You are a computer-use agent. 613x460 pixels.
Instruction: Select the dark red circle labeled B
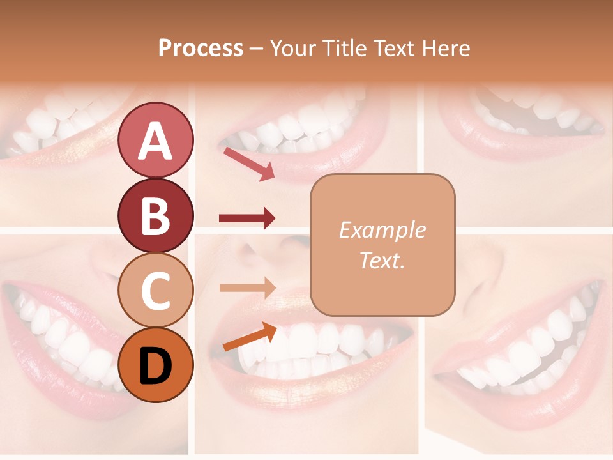155,215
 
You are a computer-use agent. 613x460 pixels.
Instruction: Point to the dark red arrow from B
247,218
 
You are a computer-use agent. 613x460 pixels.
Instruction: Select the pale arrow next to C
247,287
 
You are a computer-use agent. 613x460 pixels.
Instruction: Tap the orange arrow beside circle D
250,338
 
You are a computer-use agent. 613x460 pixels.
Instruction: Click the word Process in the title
201,49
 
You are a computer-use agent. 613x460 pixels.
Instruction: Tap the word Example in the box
382,230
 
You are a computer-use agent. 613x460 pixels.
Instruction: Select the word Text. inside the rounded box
382,260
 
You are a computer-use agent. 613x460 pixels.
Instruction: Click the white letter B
155,216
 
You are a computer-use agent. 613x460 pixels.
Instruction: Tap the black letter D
155,365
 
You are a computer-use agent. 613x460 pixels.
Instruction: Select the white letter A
155,141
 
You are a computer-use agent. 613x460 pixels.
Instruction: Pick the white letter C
155,291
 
